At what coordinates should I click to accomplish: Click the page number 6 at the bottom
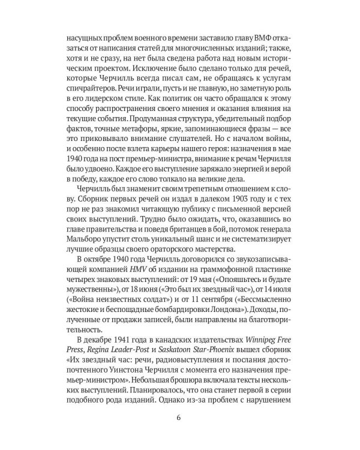pos(179,418)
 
